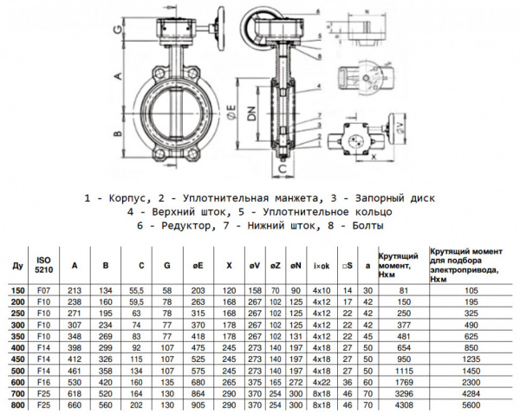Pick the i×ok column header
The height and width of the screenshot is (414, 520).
(x=322, y=264)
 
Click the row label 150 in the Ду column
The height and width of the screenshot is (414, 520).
(x=16, y=290)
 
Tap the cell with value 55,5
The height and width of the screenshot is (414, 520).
(x=136, y=290)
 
